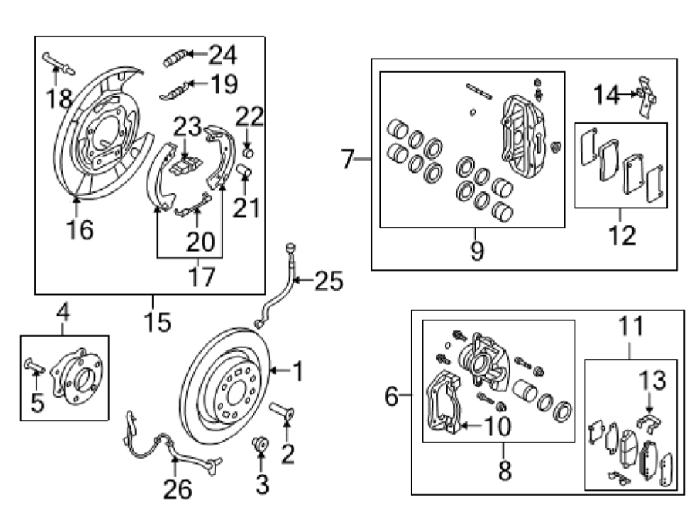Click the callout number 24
(222, 55)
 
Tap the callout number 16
(80, 229)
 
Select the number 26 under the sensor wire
(178, 489)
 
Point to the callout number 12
(622, 235)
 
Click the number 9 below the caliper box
(477, 250)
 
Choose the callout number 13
(652, 381)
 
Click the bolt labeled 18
(59, 63)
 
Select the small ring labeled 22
(249, 154)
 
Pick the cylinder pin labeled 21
(245, 170)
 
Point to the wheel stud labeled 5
(35, 366)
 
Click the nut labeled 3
(260, 443)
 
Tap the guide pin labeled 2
(281, 411)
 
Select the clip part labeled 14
(646, 97)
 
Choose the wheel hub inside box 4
(77, 377)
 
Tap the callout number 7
(348, 158)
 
